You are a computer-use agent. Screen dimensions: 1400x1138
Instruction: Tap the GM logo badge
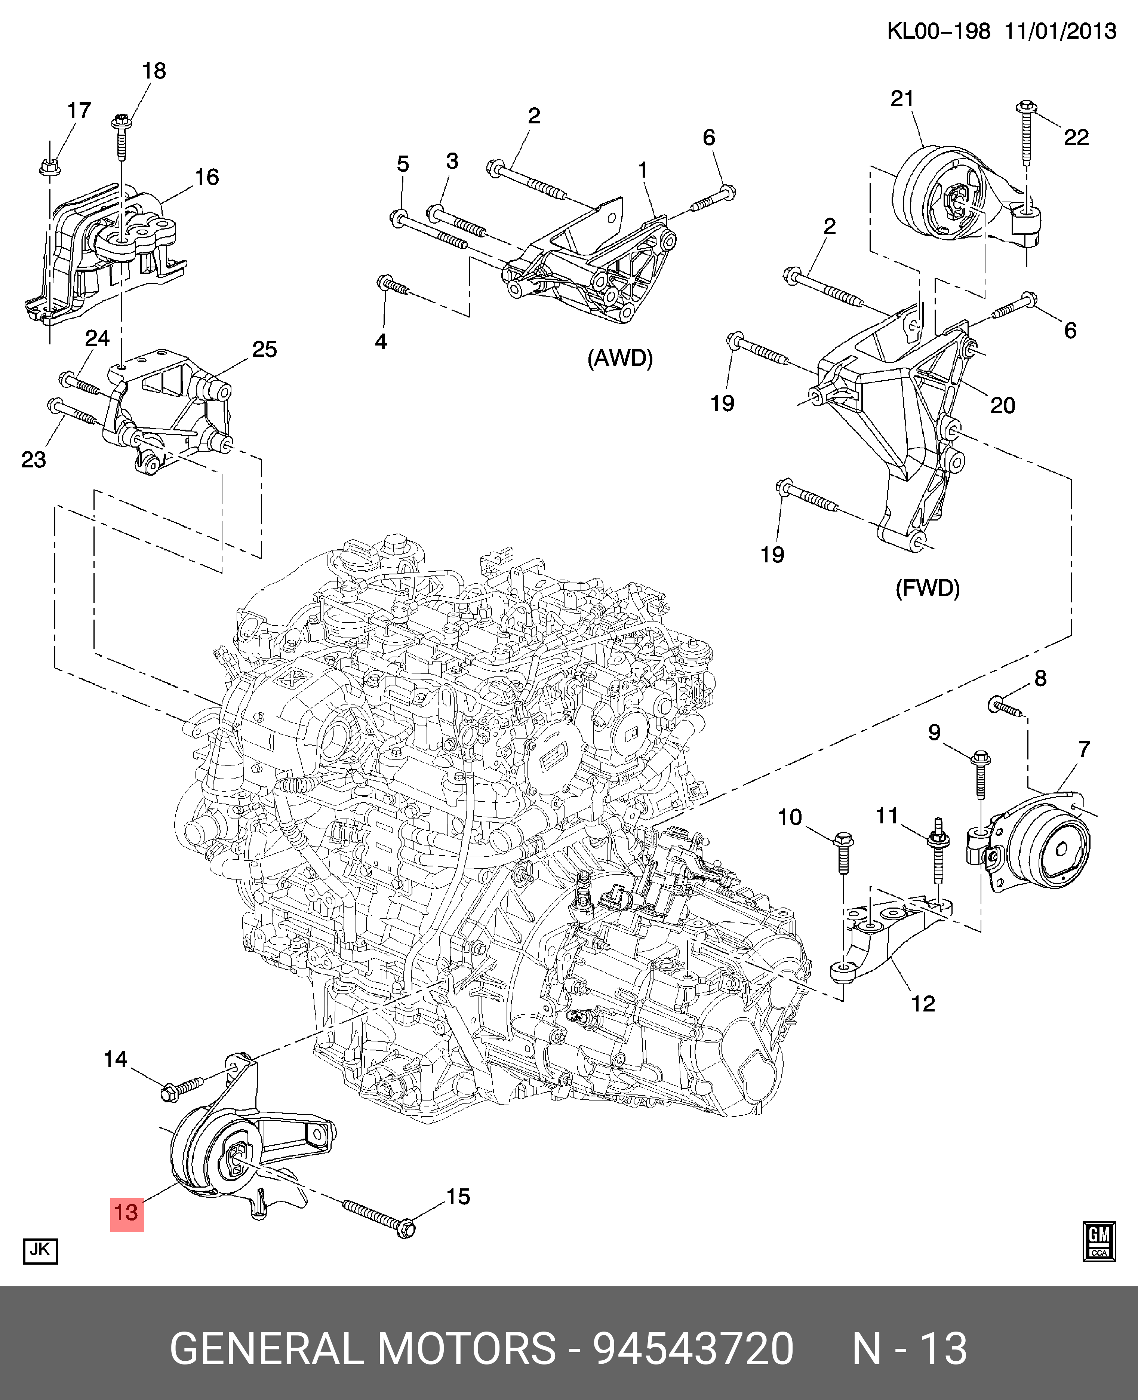(x=1099, y=1241)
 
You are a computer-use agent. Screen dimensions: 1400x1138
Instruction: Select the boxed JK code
(x=40, y=1249)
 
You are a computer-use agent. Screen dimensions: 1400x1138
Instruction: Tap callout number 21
(x=902, y=98)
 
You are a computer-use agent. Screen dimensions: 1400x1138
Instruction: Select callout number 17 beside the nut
(x=79, y=110)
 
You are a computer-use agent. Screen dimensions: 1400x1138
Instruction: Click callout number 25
(x=264, y=349)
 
